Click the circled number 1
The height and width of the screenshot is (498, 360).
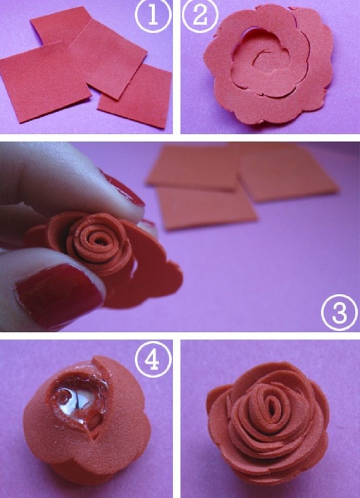click(x=153, y=15)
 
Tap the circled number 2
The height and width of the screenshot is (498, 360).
click(x=200, y=15)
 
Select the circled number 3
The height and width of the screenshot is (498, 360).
click(x=339, y=312)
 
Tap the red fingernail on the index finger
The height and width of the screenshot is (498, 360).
click(x=124, y=190)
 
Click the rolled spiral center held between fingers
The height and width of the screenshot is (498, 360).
click(x=98, y=242)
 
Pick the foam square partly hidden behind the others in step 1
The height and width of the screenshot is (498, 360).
click(x=60, y=27)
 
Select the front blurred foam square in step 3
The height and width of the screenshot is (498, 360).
click(x=206, y=206)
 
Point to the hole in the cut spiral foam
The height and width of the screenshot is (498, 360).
click(x=251, y=32)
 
